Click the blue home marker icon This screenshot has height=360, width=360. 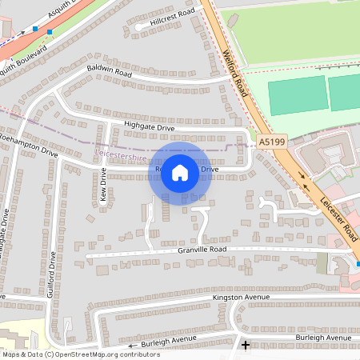point(180,172)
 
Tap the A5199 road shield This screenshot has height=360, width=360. point(271,141)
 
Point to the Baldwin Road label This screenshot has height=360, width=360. point(109,71)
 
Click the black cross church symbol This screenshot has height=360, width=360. point(245,346)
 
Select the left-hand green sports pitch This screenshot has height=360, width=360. point(296,94)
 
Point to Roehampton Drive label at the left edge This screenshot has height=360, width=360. point(29,151)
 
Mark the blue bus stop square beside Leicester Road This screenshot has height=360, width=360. point(358,264)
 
